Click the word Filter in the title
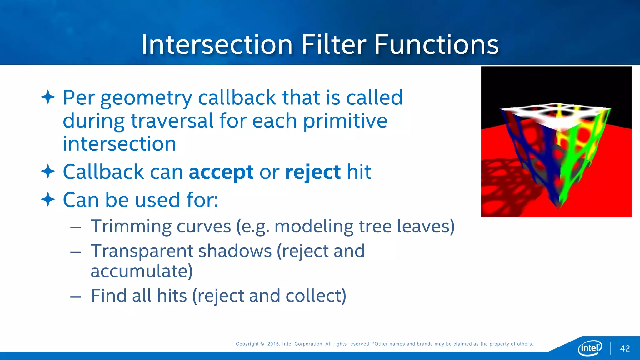333,44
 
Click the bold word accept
221,172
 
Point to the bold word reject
313,172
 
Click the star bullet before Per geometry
48,97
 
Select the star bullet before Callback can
48,172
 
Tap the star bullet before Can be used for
48,199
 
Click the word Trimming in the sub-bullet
131,227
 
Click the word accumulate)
142,271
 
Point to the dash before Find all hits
76,296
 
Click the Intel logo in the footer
590,348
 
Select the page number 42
625,348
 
